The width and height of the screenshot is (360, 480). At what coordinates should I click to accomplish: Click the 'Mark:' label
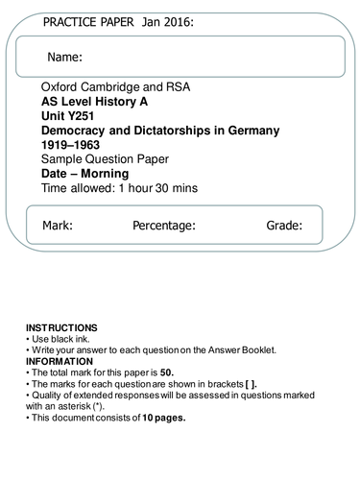[x=58, y=227]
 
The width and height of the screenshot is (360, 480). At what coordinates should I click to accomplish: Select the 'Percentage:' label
[x=164, y=227]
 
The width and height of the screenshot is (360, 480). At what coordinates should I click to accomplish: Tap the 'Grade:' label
[x=284, y=227]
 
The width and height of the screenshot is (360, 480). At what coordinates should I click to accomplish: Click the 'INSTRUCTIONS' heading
[x=61, y=327]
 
